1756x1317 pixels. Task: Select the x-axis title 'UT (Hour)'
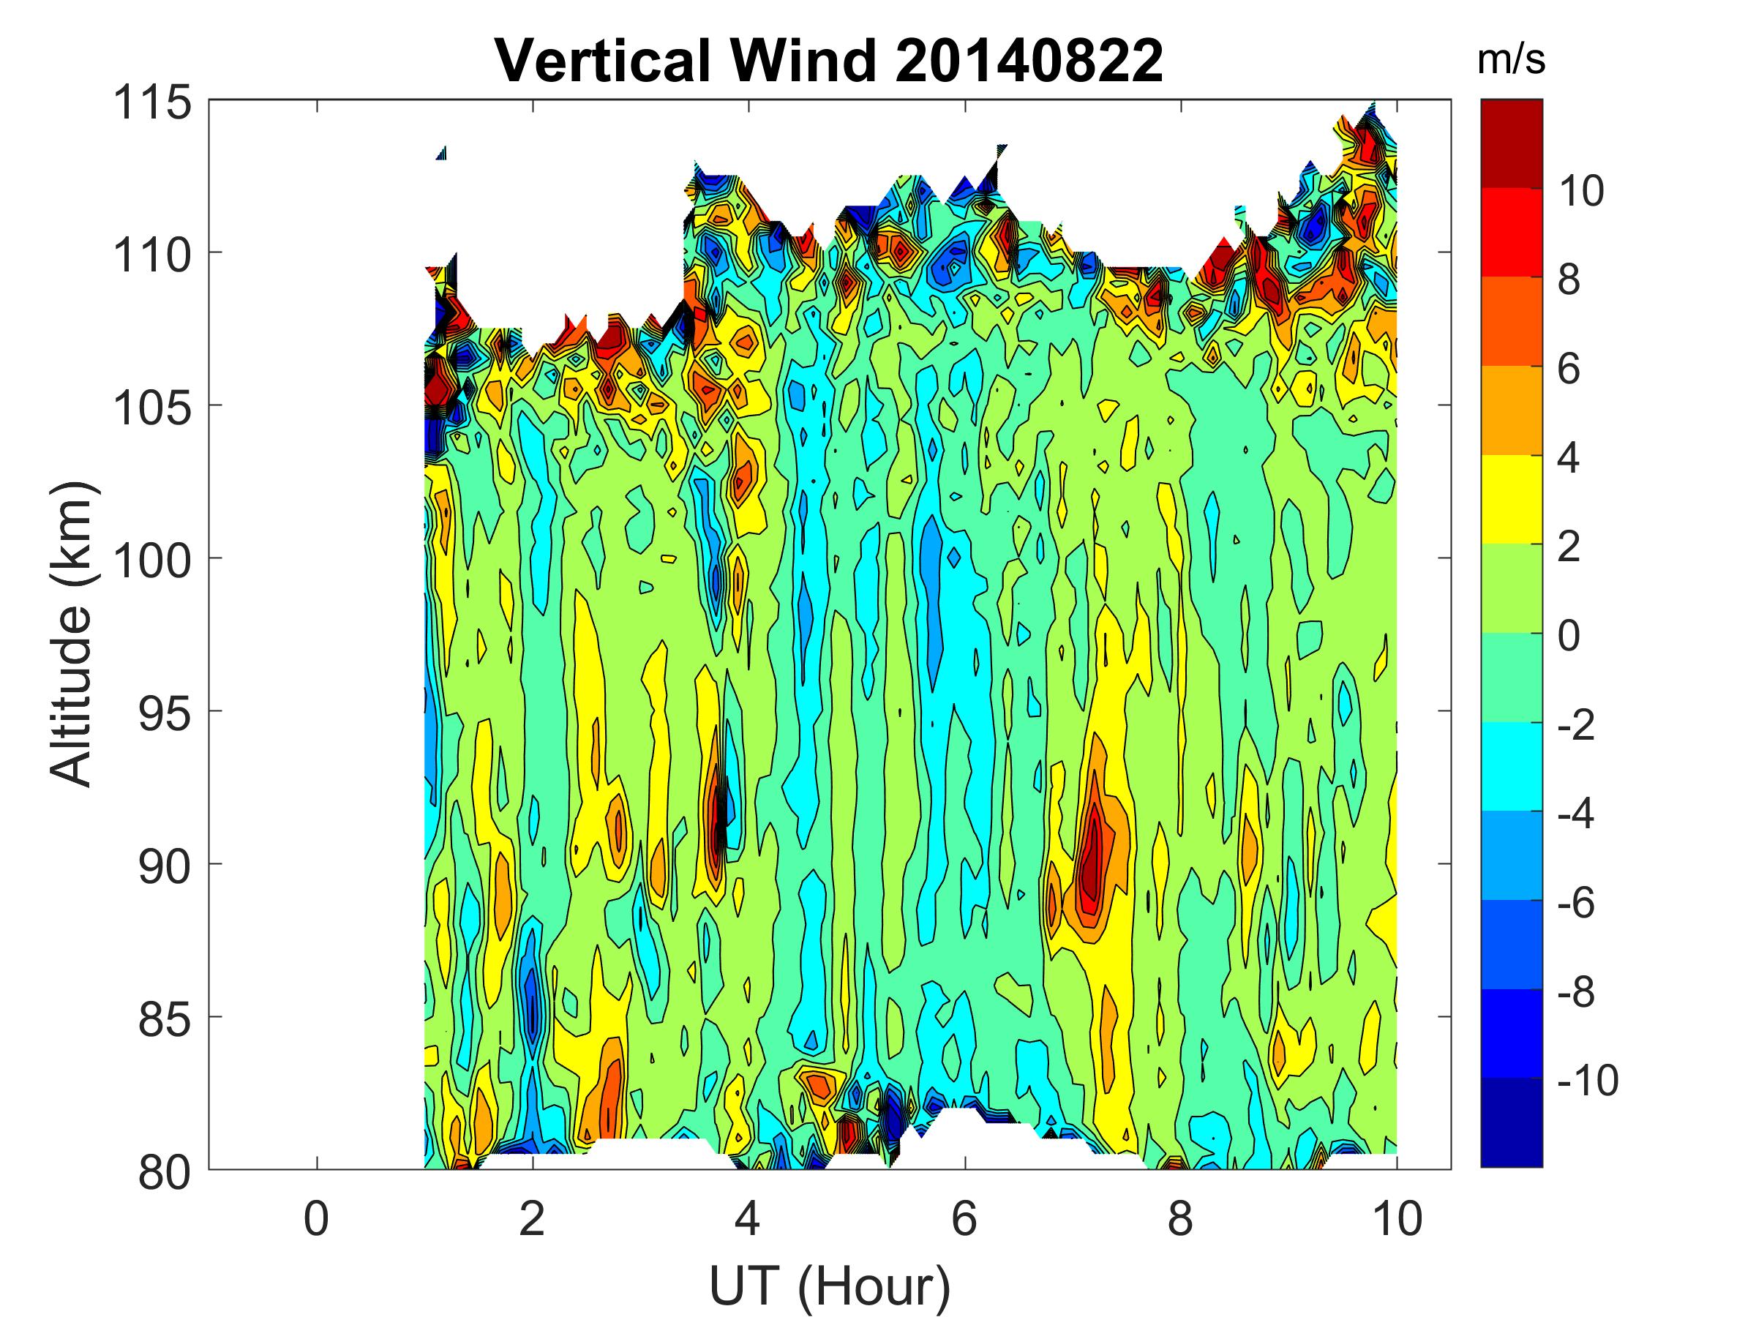829,1286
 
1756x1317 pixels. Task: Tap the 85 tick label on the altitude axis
165,1019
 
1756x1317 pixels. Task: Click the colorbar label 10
1580,191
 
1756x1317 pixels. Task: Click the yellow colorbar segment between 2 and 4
1512,499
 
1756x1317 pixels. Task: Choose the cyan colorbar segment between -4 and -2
1512,766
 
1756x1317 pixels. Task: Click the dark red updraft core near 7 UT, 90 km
1094,861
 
